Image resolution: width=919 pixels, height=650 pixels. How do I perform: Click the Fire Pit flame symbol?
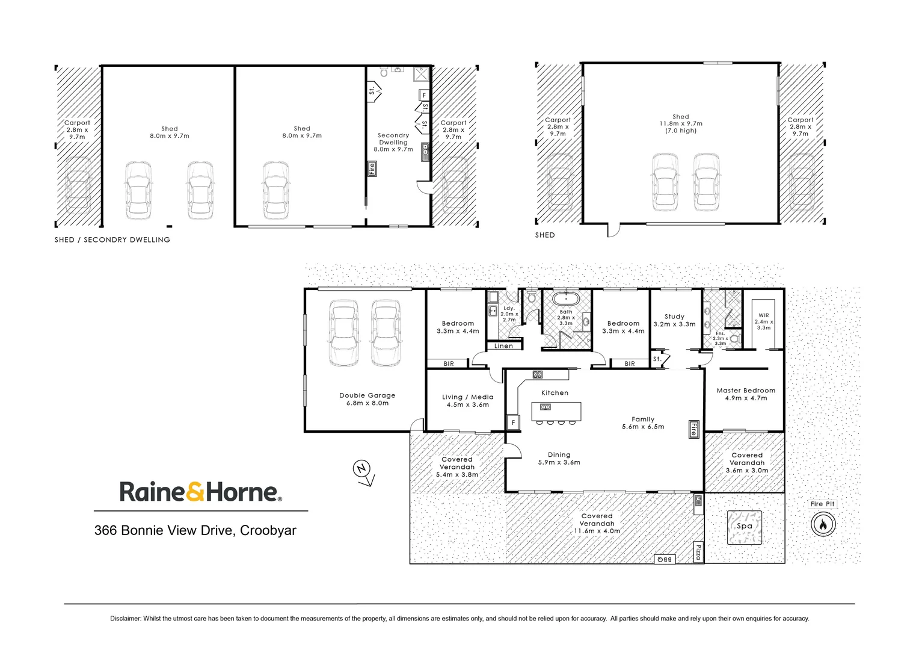point(822,524)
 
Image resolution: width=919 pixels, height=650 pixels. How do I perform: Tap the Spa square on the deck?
point(745,527)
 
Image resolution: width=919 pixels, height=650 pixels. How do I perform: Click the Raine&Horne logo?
point(200,492)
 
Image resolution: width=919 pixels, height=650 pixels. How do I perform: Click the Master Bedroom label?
point(746,391)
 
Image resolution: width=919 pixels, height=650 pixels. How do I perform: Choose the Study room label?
point(674,317)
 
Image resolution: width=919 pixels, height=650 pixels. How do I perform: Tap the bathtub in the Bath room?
point(566,299)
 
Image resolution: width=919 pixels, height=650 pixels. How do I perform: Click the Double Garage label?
point(367,395)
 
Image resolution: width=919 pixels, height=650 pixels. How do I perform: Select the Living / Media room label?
point(467,397)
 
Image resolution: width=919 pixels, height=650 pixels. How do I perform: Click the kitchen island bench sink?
point(546,407)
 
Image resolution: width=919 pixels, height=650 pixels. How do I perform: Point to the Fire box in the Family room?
point(693,429)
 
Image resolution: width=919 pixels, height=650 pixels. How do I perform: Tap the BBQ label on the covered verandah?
point(665,560)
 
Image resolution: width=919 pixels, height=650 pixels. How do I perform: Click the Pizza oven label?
point(698,552)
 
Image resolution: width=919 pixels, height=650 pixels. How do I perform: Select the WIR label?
point(763,315)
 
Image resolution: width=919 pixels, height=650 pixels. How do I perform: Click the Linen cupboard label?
point(504,346)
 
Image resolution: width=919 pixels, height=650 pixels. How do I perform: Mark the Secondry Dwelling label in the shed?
point(393,139)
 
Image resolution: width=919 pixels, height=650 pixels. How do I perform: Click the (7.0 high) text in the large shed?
point(681,131)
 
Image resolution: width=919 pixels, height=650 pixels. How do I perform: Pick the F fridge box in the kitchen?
point(513,423)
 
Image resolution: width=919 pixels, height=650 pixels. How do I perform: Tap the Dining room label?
point(559,455)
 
